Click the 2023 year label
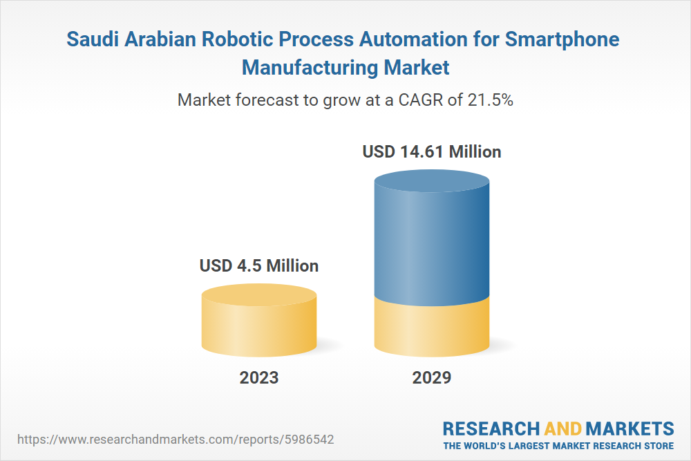pyautogui.click(x=259, y=377)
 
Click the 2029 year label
pyautogui.click(x=432, y=377)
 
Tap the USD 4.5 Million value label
pyautogui.click(x=259, y=265)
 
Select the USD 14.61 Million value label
pyautogui.click(x=432, y=151)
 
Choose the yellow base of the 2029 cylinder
pyautogui.click(x=432, y=328)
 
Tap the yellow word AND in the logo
pyautogui.click(x=562, y=429)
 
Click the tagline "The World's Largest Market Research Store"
pyautogui.click(x=558, y=445)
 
